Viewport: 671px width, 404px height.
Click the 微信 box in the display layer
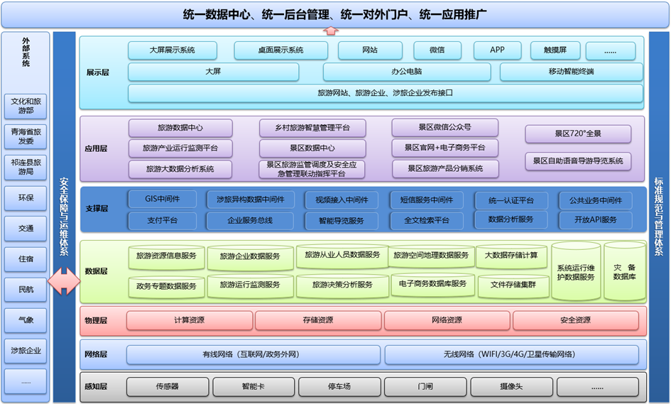tap(437, 50)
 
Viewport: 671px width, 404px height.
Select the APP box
tap(497, 50)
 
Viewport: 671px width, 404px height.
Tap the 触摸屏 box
tap(555, 50)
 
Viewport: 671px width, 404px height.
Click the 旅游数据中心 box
tap(180, 128)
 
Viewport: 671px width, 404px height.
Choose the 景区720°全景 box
tap(578, 133)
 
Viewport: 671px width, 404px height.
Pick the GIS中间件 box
tap(162, 199)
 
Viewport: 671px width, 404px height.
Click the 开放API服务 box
tap(595, 220)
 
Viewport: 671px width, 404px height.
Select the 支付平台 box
tap(162, 220)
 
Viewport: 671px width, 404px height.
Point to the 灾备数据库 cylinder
tap(624, 271)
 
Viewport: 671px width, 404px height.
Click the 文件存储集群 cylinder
tap(513, 285)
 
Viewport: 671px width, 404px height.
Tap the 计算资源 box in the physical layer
tap(189, 320)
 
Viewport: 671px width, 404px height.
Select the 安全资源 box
tap(575, 320)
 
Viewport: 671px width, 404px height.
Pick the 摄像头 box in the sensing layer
tap(511, 387)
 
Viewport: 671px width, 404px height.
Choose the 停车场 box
tap(339, 387)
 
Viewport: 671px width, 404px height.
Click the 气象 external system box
tap(26, 320)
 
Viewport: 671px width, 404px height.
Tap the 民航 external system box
tap(26, 290)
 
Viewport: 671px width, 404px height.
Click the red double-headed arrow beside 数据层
tap(64, 281)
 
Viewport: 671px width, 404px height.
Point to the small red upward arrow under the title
tap(330, 31)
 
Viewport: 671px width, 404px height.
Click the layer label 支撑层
tap(97, 209)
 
